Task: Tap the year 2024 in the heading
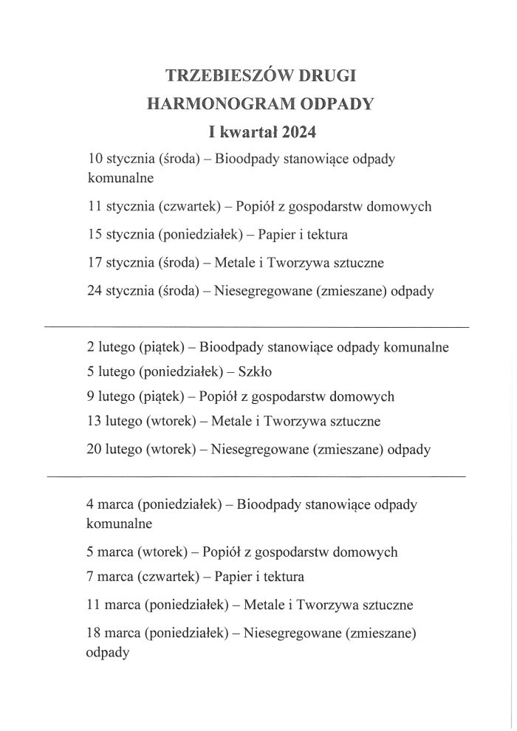pyautogui.click(x=299, y=132)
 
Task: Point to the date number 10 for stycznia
pyautogui.click(x=95, y=159)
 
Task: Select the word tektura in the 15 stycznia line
pyautogui.click(x=326, y=235)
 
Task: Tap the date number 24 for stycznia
pyautogui.click(x=95, y=291)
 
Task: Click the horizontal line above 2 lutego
pyautogui.click(x=257, y=326)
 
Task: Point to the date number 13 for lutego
pyautogui.click(x=95, y=422)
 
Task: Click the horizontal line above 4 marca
pyautogui.click(x=257, y=477)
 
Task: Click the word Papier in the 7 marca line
pyautogui.click(x=224, y=577)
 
